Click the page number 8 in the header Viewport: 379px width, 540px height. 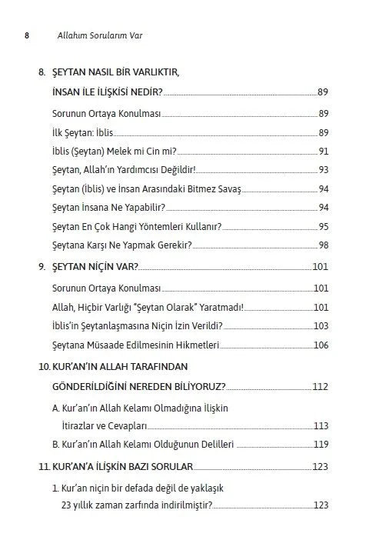[28, 35]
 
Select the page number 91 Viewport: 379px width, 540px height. [323, 151]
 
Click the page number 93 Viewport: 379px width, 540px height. [323, 170]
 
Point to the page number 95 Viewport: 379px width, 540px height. [323, 226]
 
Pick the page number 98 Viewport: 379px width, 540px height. [323, 245]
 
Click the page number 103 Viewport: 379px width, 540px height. [321, 325]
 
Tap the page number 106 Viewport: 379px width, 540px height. [321, 345]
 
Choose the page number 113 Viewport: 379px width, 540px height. [321, 425]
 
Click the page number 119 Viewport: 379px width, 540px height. [321, 444]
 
